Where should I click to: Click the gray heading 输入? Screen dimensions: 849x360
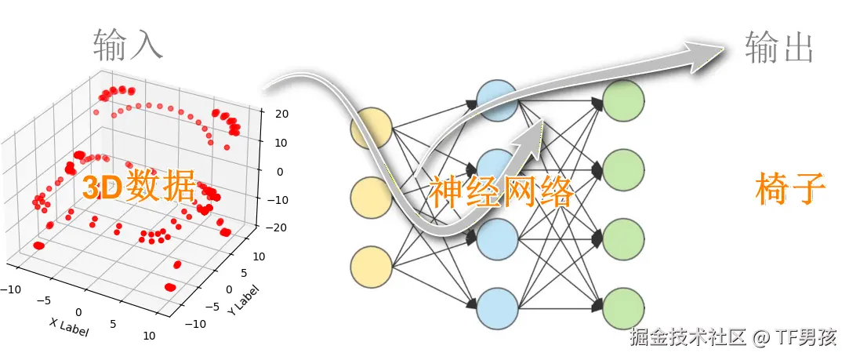click(128, 45)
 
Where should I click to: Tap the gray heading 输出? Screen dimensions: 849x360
click(778, 46)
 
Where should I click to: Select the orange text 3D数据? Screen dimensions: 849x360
click(138, 187)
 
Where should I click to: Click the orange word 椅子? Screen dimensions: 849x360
click(791, 188)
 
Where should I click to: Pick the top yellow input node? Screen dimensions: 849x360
click(371, 128)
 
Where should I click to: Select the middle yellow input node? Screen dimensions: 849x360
click(371, 198)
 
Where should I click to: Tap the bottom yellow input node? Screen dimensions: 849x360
click(371, 267)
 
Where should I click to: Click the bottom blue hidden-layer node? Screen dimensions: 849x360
click(497, 309)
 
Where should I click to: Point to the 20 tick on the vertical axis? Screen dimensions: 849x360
click(281, 114)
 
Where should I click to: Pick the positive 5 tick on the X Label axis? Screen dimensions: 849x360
click(114, 324)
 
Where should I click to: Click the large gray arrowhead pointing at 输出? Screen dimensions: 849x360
click(702, 56)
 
